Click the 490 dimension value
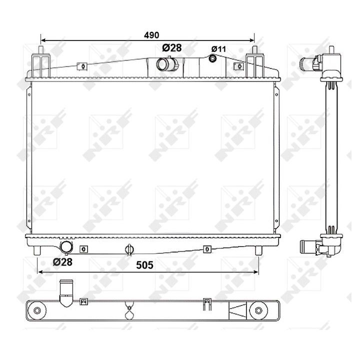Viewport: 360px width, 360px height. click(x=151, y=35)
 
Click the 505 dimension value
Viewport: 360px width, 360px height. click(x=144, y=265)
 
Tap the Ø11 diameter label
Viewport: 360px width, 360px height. click(x=218, y=49)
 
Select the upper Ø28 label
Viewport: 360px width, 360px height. click(x=171, y=48)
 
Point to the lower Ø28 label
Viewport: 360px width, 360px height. click(x=62, y=262)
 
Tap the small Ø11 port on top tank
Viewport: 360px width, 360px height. click(x=212, y=58)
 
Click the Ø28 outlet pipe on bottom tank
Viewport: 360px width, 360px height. click(x=66, y=247)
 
